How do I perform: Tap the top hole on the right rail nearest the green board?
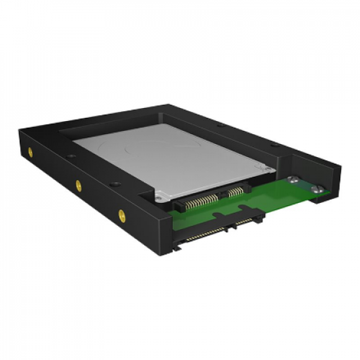(x=274, y=143)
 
